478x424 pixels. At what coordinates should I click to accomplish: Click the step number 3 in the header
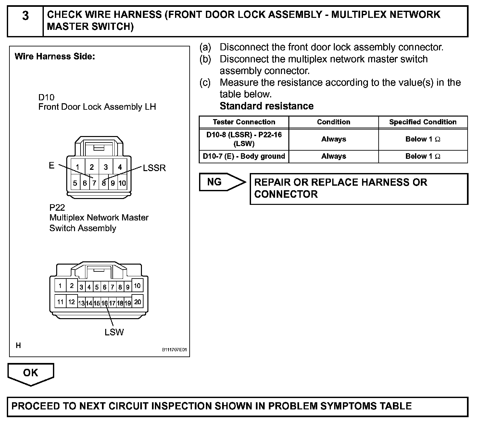[x=25, y=16]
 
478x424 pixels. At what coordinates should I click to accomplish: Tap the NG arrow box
[x=220, y=182]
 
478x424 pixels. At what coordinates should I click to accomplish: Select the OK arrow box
[x=31, y=373]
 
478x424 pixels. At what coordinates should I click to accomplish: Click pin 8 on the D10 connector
[x=104, y=183]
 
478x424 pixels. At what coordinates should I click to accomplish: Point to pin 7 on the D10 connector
[x=94, y=183]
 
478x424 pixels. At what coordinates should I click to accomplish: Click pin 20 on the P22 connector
[x=138, y=302]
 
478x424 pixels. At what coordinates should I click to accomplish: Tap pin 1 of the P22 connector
[x=60, y=286]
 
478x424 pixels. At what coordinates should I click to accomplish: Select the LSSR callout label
[x=154, y=168]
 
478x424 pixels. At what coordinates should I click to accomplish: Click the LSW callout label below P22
[x=114, y=332]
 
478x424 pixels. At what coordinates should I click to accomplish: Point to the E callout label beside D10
[x=52, y=166]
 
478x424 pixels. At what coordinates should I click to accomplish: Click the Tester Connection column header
[x=244, y=122]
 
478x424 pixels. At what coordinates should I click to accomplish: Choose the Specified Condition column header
[x=423, y=122]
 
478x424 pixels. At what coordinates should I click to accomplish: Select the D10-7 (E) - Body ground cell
[x=244, y=156]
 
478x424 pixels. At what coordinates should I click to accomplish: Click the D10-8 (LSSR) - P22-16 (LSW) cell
[x=244, y=139]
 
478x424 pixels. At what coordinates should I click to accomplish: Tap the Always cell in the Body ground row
[x=333, y=156]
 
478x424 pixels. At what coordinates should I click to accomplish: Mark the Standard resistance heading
[x=267, y=106]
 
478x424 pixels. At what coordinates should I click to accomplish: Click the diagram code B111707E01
[x=175, y=350]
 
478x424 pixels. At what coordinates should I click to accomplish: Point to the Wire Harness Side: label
[x=55, y=56]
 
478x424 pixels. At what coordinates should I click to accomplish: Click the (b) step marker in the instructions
[x=205, y=59]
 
